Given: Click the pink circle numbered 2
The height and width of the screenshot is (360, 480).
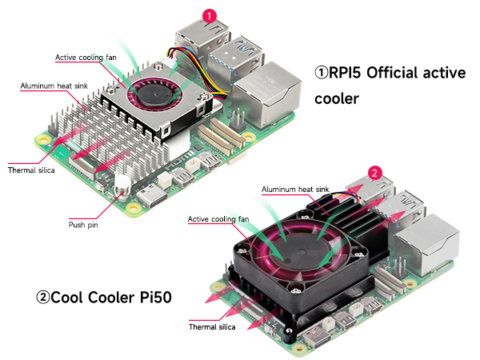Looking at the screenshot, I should (373, 171).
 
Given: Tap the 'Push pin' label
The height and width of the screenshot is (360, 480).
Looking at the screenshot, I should (82, 226).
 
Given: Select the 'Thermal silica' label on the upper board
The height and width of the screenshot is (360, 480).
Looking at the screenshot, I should (31, 170).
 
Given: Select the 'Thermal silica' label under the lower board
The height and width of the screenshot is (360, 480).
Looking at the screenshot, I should (213, 326).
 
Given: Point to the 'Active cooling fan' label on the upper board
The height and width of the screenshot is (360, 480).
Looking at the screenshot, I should (88, 58).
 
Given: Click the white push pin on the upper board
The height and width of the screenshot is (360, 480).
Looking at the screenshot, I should (122, 183).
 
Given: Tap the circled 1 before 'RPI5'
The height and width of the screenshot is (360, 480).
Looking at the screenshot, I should (321, 73).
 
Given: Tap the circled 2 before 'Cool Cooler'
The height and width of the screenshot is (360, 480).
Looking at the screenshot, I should (43, 298).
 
